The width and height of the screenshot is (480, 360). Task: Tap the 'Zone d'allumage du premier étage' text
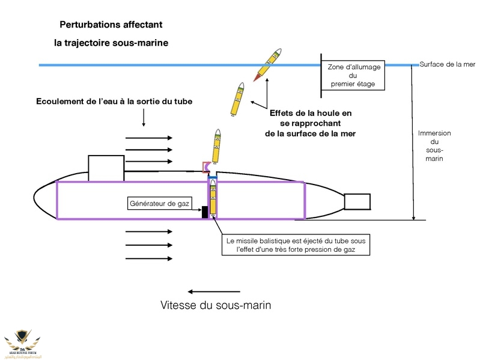353,75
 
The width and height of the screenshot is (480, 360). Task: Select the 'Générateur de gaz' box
159,204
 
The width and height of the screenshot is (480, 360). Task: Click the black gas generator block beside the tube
205,212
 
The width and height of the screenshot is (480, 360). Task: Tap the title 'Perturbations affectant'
111,25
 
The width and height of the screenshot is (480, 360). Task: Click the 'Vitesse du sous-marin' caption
216,305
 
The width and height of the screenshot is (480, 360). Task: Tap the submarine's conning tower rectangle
106,168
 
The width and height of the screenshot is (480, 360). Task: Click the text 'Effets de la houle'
311,112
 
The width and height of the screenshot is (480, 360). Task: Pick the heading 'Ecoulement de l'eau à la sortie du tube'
115,101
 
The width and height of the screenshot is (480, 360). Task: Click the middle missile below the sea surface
238,99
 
